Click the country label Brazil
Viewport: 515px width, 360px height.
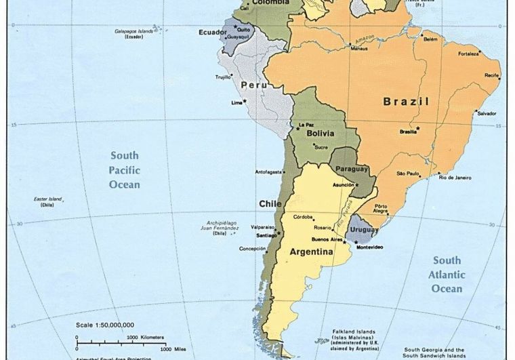(x=406, y=102)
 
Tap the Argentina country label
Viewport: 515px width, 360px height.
(x=311, y=252)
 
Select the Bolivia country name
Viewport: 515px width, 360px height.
(x=320, y=134)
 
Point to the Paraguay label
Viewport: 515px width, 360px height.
(x=352, y=169)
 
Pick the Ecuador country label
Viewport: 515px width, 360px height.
(x=212, y=32)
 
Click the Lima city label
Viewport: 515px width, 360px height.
(x=236, y=103)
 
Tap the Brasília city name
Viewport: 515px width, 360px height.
(x=408, y=132)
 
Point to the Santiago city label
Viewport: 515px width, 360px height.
(x=267, y=235)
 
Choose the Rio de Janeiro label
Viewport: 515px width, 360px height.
(x=455, y=178)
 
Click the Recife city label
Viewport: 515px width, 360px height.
(x=491, y=75)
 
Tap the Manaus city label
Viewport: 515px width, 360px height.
(x=358, y=48)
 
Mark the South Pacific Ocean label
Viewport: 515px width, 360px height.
(x=125, y=169)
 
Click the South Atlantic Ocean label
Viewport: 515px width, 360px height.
(x=447, y=275)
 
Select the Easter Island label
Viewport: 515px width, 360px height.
(x=47, y=199)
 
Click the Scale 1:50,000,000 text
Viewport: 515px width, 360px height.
(x=105, y=325)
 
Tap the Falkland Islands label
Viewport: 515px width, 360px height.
(x=349, y=332)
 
